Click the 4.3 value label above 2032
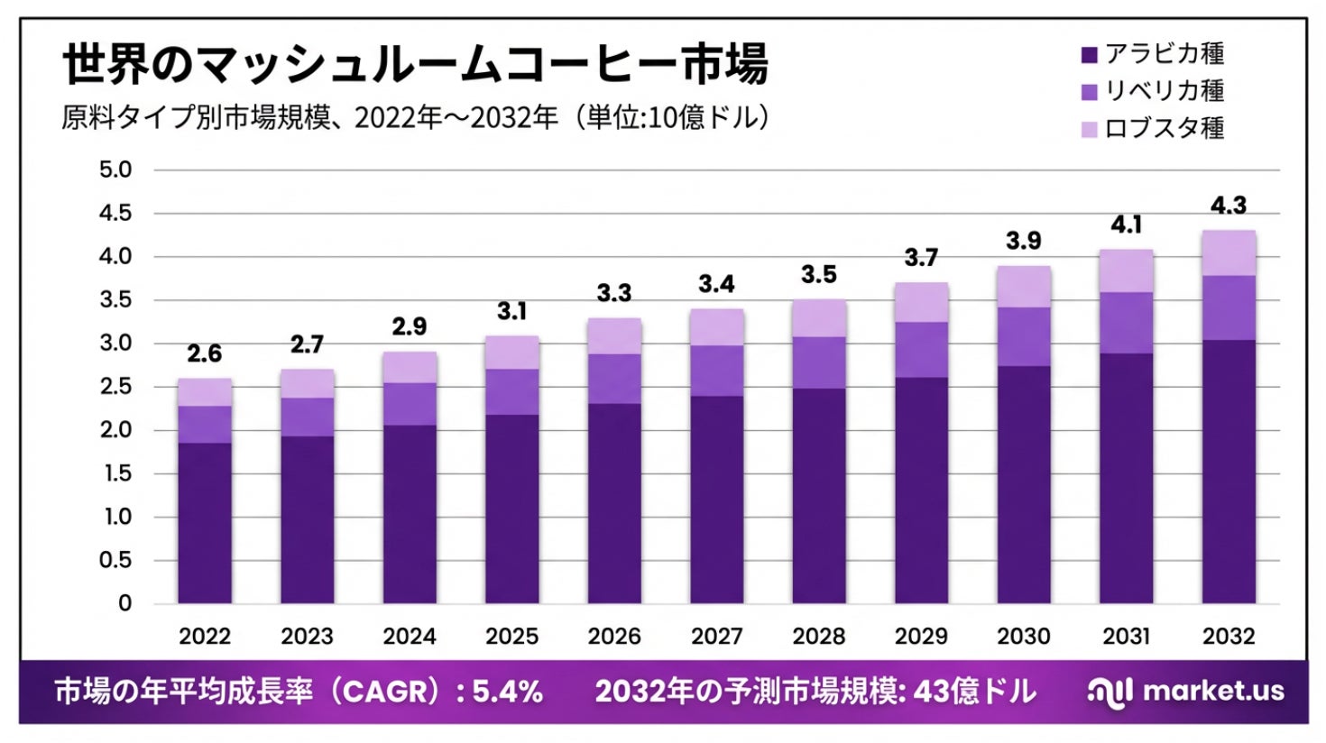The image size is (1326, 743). coord(1228,206)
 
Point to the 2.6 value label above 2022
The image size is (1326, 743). coord(205,353)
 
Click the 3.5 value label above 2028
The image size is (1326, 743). coord(819,274)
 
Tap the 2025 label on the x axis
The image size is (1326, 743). coord(511,637)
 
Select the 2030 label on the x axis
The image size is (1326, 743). coord(1024,637)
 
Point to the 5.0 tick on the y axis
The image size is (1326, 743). coord(115,170)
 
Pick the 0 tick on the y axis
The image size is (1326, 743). coord(124,603)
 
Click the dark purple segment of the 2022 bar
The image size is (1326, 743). coord(205,523)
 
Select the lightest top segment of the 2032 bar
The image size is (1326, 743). coord(1228,253)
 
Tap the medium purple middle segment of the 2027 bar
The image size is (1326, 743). coord(716,371)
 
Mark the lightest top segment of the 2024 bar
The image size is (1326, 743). coord(410,367)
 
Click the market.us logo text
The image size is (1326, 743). coord(1213,692)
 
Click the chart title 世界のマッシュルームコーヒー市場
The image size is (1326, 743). coord(415,65)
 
